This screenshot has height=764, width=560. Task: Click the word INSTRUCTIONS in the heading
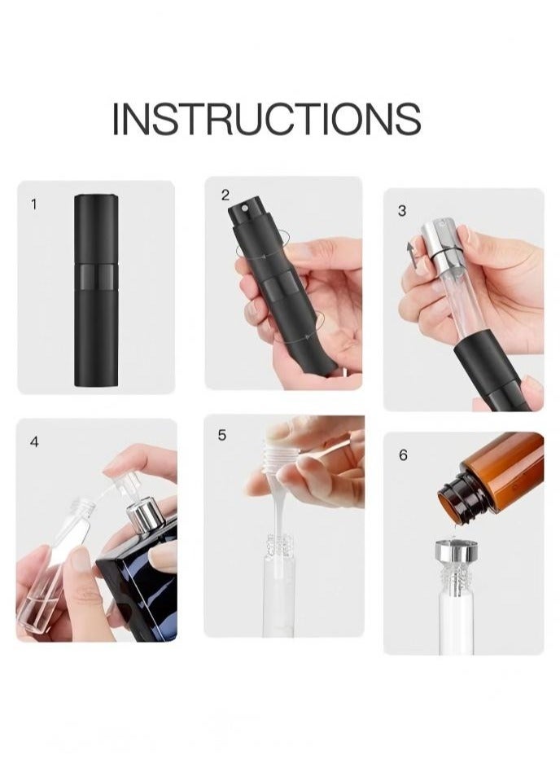point(266,119)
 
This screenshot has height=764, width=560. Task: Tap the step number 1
point(33,204)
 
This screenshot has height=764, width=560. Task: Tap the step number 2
point(225,195)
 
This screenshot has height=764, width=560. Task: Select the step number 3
point(402,211)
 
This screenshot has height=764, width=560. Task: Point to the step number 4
point(34,441)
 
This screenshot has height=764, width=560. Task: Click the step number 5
point(221,436)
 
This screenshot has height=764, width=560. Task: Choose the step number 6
point(403,455)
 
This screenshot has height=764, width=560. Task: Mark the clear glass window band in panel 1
point(96,270)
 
